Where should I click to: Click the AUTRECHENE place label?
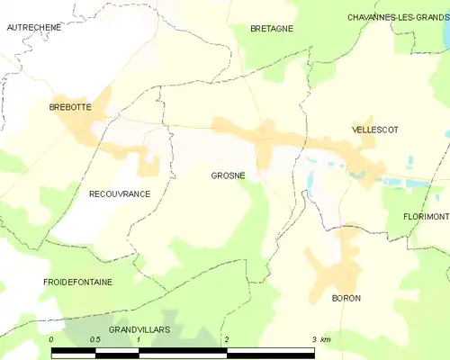tap(33, 28)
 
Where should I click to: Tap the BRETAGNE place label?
tap(272, 29)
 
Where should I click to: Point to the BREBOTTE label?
tap(69, 107)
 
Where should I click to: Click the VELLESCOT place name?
tap(374, 130)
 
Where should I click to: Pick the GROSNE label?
tap(228, 175)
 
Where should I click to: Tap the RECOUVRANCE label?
tap(119, 193)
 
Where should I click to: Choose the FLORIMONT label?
tap(426, 217)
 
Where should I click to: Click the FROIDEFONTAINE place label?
tap(77, 282)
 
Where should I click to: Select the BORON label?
tap(346, 298)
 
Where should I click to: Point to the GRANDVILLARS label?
tap(139, 330)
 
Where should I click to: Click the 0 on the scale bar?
tap(52, 339)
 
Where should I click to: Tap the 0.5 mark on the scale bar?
tap(94, 339)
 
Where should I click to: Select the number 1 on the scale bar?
tap(139, 339)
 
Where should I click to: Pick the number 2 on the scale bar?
tap(226, 339)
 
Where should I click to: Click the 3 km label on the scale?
tap(320, 339)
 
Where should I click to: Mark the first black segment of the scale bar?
tap(74, 352)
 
